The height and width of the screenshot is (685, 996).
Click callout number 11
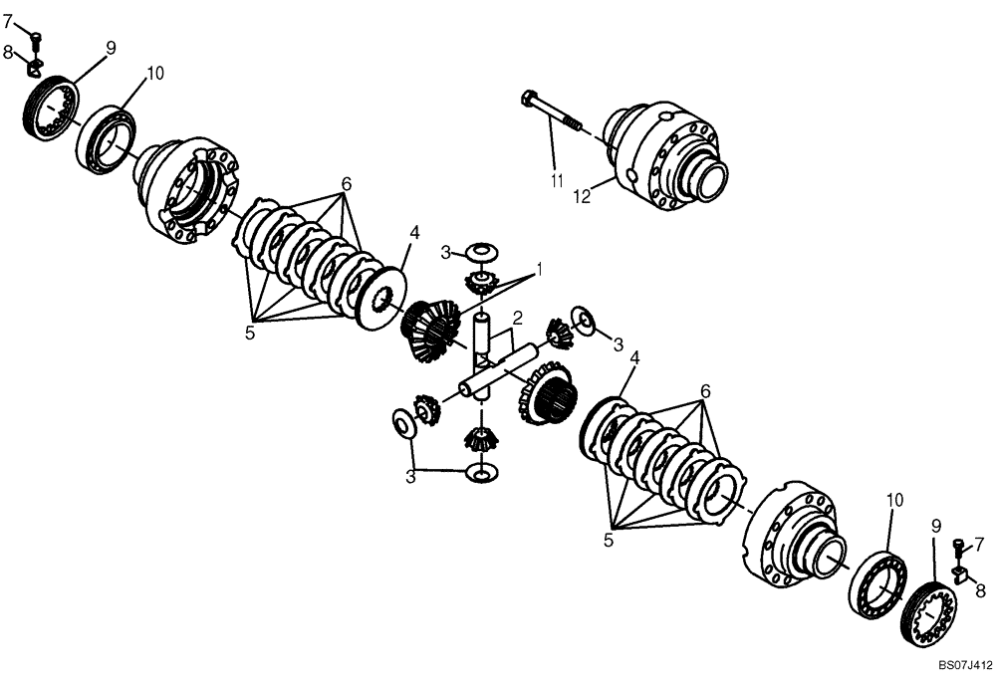(556, 180)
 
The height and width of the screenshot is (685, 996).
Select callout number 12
(582, 196)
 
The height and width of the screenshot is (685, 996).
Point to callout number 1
(539, 270)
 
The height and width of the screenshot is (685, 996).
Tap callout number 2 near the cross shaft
(517, 319)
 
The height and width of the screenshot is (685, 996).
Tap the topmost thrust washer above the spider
(482, 249)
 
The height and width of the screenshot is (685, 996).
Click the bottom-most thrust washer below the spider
(481, 471)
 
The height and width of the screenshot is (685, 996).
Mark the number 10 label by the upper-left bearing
(155, 74)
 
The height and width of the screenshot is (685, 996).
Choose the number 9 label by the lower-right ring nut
(935, 525)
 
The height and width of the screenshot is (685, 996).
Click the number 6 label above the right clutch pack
(705, 391)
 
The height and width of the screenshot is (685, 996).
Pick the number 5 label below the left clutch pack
(250, 334)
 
